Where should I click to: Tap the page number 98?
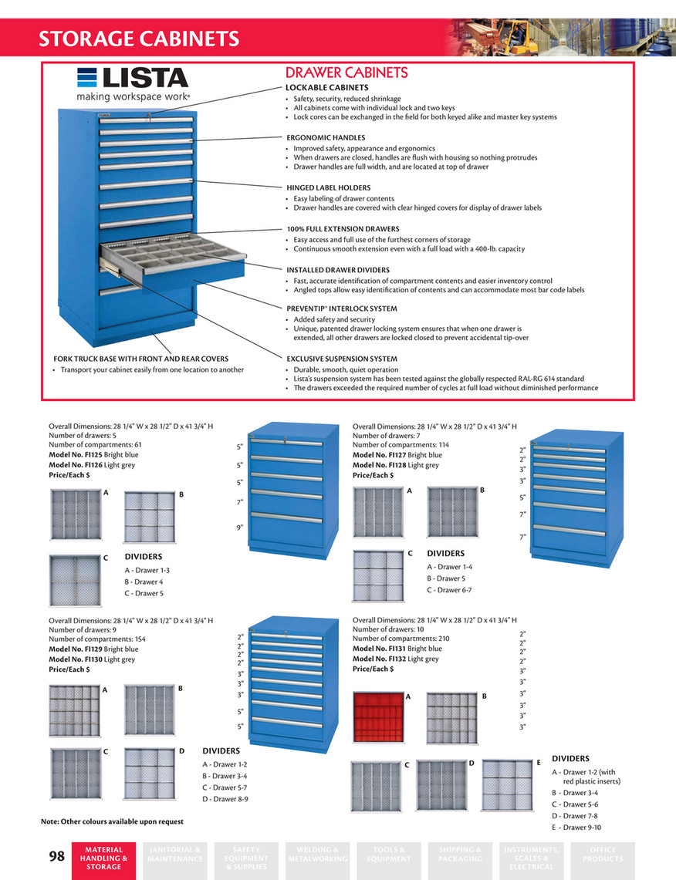(x=57, y=856)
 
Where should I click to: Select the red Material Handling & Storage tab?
(x=103, y=858)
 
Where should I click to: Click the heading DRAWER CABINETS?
(x=346, y=73)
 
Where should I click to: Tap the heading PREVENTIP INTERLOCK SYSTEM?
(x=341, y=309)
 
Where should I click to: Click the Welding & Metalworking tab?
(x=317, y=855)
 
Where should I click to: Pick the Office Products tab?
(x=603, y=855)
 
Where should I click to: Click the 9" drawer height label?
(x=239, y=528)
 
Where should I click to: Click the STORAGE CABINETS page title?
(x=139, y=39)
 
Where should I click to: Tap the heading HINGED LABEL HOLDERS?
(x=328, y=187)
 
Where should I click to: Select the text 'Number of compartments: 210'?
(x=401, y=639)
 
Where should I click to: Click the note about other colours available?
(x=112, y=821)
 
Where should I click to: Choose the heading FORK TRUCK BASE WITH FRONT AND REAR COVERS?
(x=140, y=359)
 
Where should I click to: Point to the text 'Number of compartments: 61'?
(x=95, y=445)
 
